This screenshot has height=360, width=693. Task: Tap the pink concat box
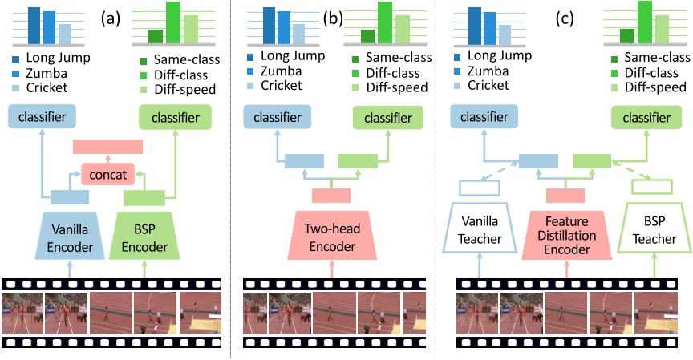[x=108, y=172]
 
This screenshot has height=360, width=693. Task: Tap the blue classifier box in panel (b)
[x=278, y=118]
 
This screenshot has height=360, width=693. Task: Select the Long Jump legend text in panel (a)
[x=58, y=59]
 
